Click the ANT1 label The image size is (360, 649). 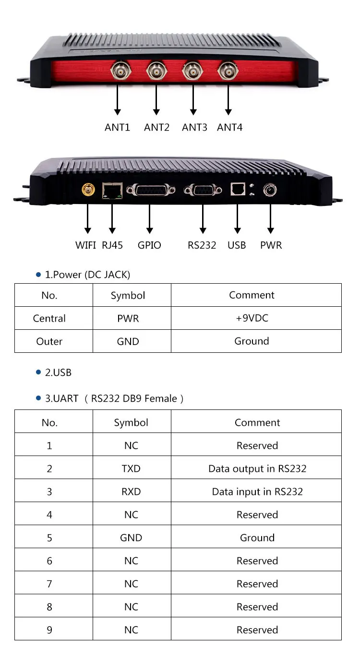[117, 127]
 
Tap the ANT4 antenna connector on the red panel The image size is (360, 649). [228, 71]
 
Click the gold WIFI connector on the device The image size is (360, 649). [88, 190]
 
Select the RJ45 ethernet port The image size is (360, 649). [112, 191]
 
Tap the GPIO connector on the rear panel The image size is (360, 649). [151, 190]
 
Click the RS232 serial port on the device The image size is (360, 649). [203, 190]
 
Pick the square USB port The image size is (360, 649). [238, 189]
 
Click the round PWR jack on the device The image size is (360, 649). [270, 190]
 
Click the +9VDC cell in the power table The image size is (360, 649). [252, 318]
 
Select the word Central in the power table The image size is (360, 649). [49, 318]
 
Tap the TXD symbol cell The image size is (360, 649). [131, 469]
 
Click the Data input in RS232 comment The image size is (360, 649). [257, 492]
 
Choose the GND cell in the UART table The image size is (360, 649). [131, 538]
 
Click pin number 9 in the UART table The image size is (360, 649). [49, 630]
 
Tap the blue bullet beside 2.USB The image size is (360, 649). [38, 372]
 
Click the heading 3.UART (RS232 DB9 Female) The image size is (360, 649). [114, 398]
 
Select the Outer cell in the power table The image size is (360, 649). [49, 341]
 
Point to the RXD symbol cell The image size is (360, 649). [131, 492]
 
